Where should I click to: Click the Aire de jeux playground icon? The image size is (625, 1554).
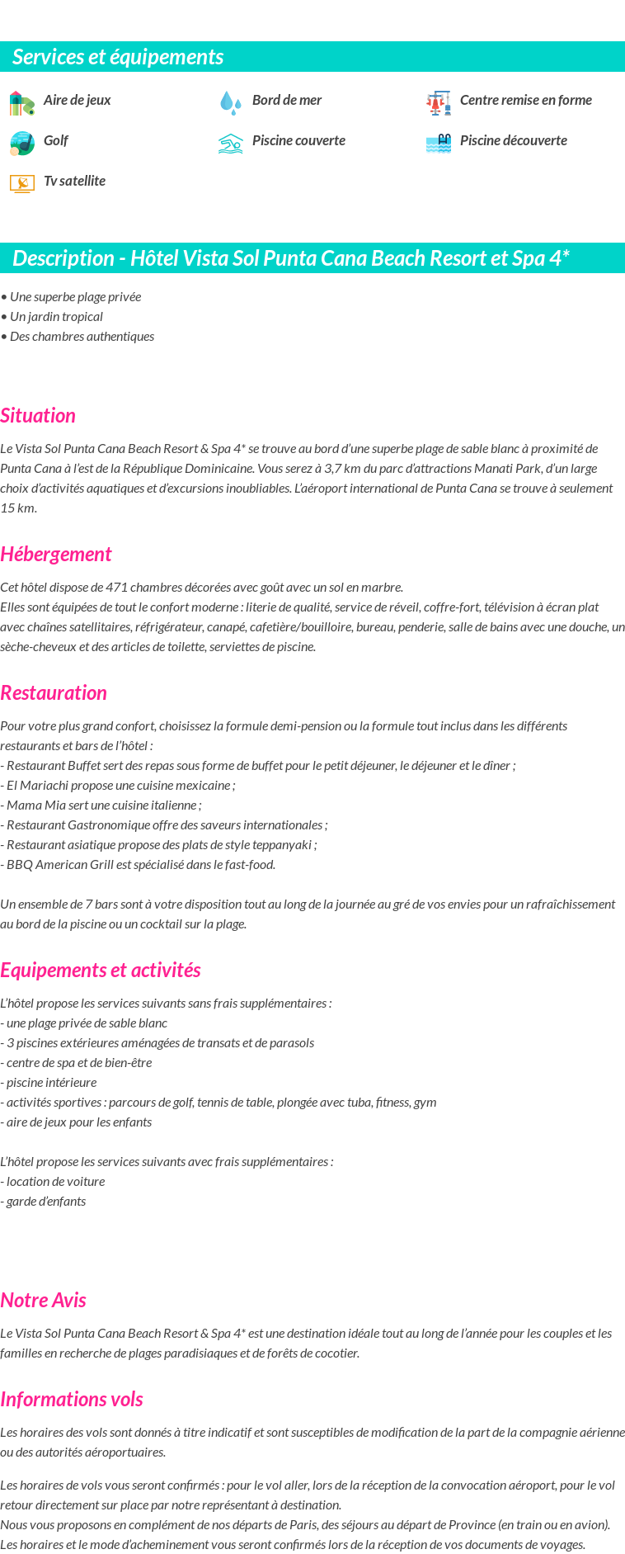click(21, 103)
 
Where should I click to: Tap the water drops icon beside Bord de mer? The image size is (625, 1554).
click(230, 102)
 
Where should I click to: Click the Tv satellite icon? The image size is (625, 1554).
click(21, 183)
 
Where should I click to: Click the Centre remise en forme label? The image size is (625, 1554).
click(525, 100)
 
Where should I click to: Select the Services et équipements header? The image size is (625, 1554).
click(118, 57)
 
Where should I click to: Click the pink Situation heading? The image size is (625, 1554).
click(38, 415)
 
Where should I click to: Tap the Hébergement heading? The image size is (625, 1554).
click(55, 554)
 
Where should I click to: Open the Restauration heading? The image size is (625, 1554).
click(54, 692)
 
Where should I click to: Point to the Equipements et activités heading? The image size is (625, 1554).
click(101, 970)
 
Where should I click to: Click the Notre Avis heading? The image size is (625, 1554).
click(43, 1300)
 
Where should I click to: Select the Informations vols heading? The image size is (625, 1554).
click(72, 1399)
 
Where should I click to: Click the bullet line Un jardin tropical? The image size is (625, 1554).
click(56, 316)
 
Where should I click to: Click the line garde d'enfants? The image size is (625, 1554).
click(45, 1201)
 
